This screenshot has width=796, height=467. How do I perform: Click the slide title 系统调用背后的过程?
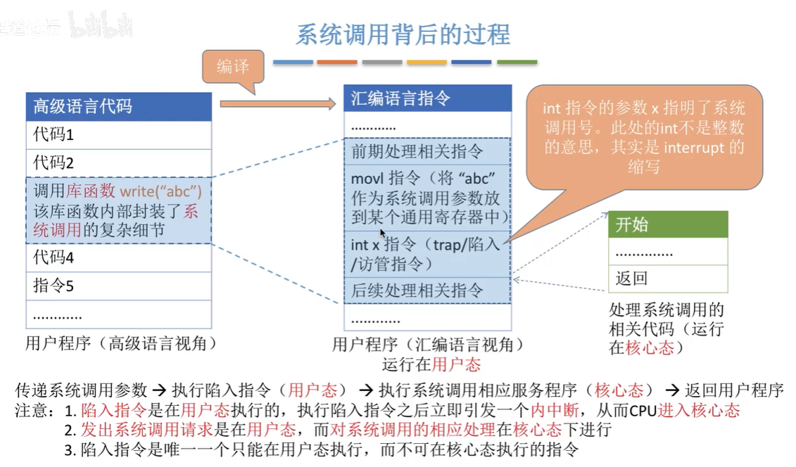(x=403, y=34)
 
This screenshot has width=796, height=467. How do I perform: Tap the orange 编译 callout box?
(x=233, y=68)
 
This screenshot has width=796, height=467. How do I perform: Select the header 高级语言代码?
(x=118, y=107)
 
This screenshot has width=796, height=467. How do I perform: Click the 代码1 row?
(x=118, y=134)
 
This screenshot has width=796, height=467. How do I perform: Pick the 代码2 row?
(x=118, y=163)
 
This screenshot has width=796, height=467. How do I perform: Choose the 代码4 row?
(x=118, y=258)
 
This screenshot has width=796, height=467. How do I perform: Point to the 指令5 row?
(x=118, y=286)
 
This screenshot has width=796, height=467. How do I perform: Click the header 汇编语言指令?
(x=427, y=99)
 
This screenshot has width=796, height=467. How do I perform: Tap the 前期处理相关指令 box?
(x=427, y=151)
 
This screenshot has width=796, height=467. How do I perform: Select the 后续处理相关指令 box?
(x=427, y=290)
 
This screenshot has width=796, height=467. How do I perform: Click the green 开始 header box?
(x=667, y=225)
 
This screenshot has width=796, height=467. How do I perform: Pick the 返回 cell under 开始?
(x=667, y=279)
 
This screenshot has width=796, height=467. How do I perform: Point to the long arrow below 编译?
(x=278, y=104)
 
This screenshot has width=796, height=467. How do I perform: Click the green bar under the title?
(x=517, y=63)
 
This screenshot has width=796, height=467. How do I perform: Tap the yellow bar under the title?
(x=427, y=63)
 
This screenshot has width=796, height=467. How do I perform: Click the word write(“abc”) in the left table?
(x=160, y=191)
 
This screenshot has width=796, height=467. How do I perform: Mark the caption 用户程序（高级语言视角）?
(x=120, y=344)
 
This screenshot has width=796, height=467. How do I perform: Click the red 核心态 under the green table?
(x=650, y=347)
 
